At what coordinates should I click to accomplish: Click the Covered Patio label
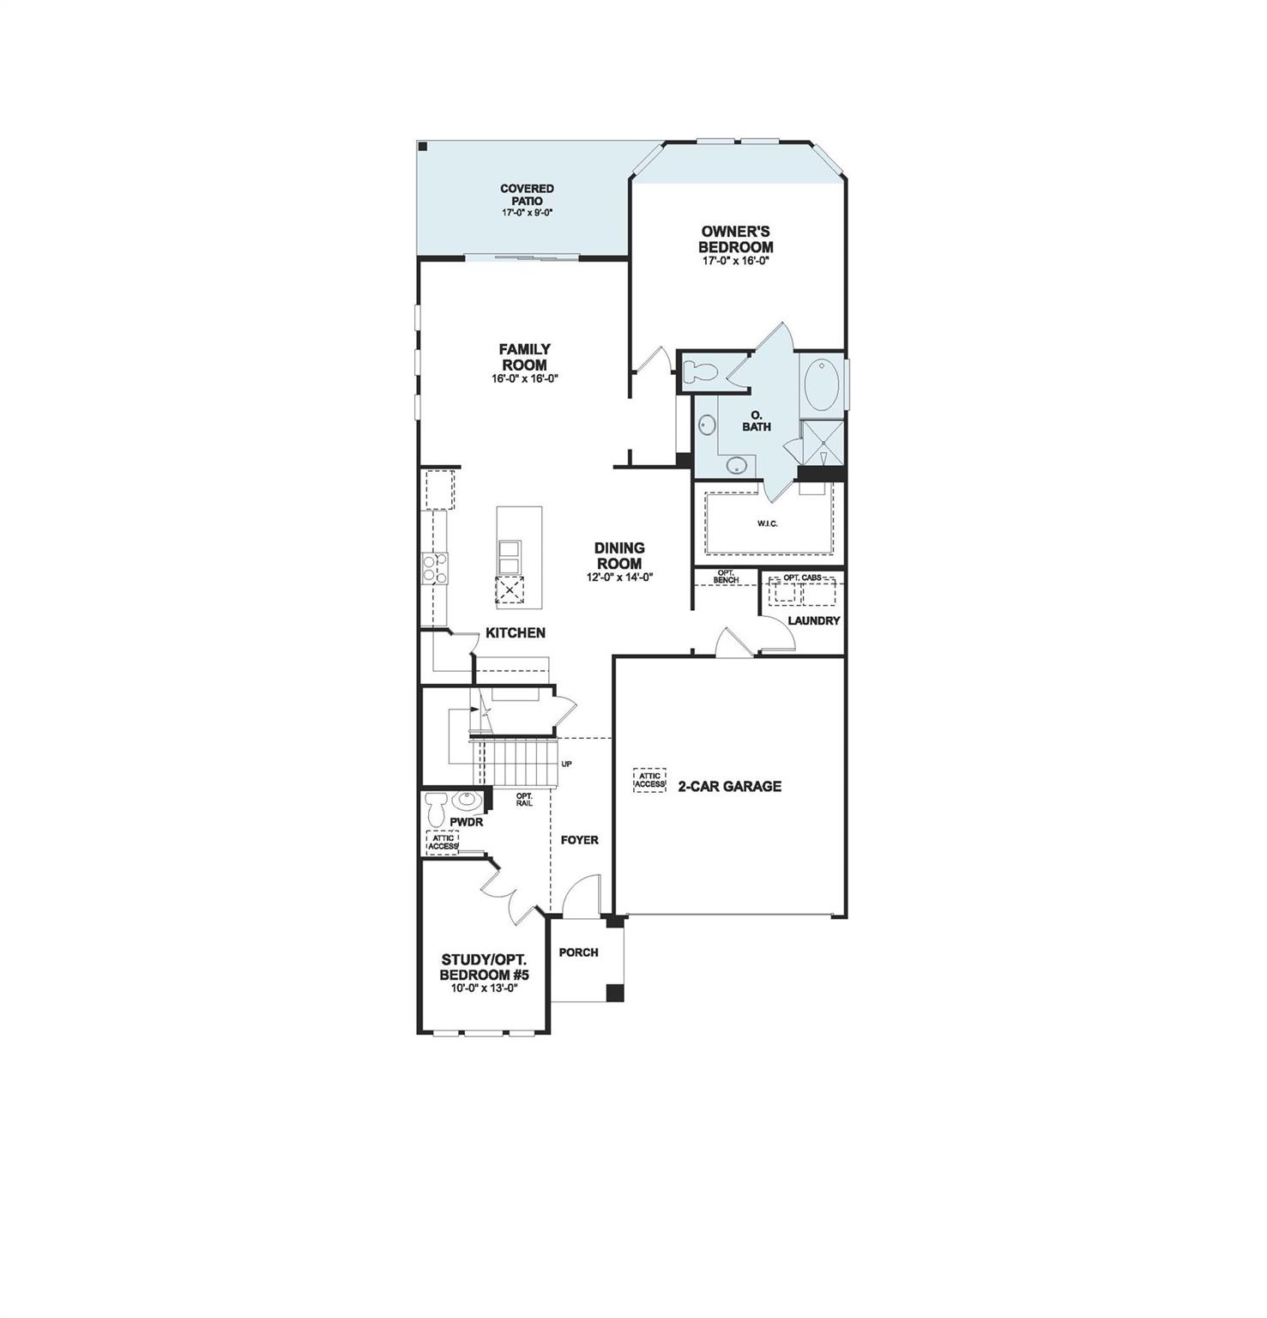coord(527,195)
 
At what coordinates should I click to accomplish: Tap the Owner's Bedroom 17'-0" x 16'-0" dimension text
coord(735,261)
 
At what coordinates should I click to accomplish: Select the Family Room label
coord(525,356)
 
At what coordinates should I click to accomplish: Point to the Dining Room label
coord(619,555)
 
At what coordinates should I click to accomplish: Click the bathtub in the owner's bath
coord(822,384)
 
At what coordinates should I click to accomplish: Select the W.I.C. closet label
coord(767,523)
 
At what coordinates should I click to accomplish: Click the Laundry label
coord(813,620)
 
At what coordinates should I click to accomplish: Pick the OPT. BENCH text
coord(726,577)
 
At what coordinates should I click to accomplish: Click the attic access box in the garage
coord(649,780)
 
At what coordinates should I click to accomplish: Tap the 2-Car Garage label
coord(729,786)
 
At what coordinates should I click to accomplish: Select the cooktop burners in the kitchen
coord(434,569)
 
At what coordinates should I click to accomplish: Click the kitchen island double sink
coord(509,557)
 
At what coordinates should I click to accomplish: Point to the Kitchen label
coord(516,633)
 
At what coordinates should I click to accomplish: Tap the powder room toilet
coord(436,807)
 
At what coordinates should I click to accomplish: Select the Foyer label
coord(579,840)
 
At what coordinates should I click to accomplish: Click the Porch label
coord(578,952)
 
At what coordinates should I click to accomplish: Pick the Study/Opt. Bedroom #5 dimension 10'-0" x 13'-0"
coord(484,988)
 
